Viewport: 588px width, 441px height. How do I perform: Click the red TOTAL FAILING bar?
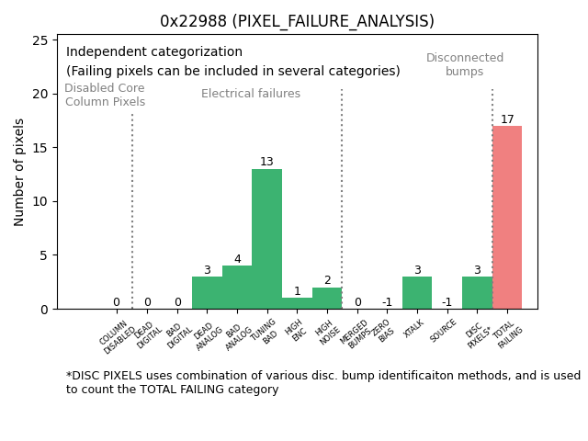point(507,218)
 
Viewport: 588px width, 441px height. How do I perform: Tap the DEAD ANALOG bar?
point(207,293)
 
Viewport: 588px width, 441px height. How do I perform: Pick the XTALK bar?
point(417,293)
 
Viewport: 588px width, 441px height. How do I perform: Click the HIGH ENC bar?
point(297,303)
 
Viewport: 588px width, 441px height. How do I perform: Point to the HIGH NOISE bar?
point(327,299)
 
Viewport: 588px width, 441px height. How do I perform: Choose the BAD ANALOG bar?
point(237,288)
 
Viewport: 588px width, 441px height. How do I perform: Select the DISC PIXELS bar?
point(477,293)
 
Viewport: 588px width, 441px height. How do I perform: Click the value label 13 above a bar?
point(266,163)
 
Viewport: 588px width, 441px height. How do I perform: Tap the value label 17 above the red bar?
point(507,119)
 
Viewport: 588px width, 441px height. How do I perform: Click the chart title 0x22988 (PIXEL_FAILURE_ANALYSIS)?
point(297,21)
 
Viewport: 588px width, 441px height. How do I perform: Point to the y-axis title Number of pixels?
point(19,172)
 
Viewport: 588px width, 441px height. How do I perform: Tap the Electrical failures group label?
point(251,94)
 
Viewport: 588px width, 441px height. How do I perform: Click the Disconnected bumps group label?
point(465,64)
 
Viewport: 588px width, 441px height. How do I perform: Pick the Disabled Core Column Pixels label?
point(105,95)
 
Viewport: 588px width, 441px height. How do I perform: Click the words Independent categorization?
point(154,52)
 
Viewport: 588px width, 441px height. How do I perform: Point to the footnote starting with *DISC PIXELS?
point(322,382)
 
